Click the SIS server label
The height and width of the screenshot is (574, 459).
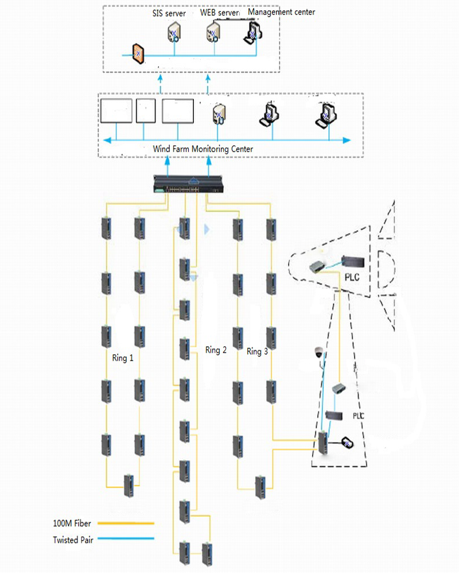pos(169,14)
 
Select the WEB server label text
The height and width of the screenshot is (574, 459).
pos(219,13)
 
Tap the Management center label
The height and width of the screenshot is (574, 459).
pos(281,12)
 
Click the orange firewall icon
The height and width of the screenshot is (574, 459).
pos(138,54)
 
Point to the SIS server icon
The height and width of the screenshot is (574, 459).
pos(174,33)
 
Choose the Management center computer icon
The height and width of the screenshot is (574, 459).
pos(253,33)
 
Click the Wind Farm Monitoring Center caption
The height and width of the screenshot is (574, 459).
pos(203,149)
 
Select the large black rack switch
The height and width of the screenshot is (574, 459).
pos(188,184)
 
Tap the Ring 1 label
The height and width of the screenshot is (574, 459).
pos(123,358)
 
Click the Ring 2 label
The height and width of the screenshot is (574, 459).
pos(216,350)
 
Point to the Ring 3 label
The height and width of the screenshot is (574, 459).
pos(257,351)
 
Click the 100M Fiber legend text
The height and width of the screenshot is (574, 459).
pos(72,523)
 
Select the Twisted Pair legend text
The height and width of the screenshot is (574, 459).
pos(73,540)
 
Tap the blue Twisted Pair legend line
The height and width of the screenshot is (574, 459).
pos(126,538)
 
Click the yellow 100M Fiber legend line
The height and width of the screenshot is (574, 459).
pos(126,523)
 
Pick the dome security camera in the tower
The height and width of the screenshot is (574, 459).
pos(319,352)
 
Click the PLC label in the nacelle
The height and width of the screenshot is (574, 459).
pos(352,277)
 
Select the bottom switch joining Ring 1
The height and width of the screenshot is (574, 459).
pos(129,486)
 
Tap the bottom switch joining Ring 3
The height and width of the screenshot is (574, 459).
pos(260,487)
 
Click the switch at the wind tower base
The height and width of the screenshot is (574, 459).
pos(323,443)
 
